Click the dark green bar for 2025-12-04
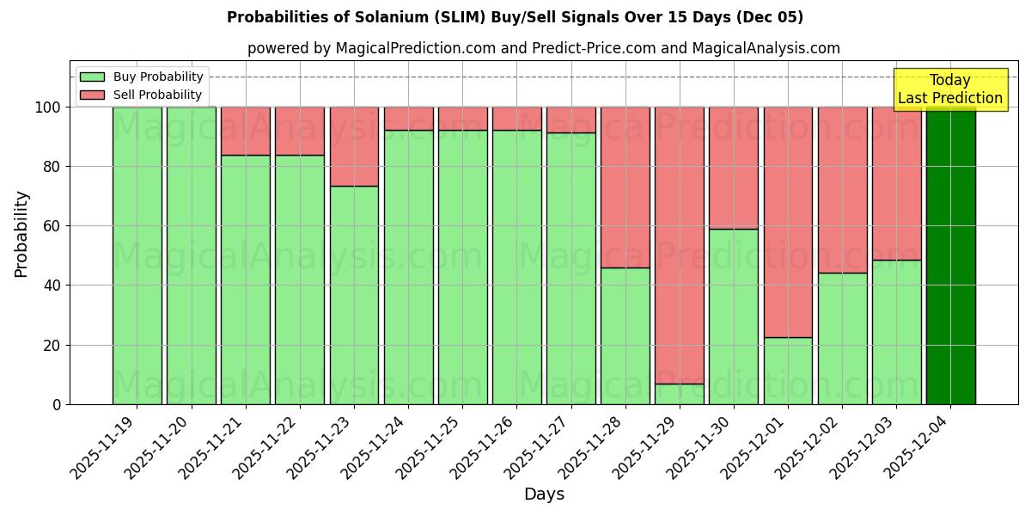point(950,255)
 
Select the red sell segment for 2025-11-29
point(679,245)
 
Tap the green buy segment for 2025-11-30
point(733,316)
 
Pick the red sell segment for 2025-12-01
point(788,222)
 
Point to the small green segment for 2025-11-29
point(679,394)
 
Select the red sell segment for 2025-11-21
point(246,131)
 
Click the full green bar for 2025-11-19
point(137,255)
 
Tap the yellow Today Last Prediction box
point(949,89)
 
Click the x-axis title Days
point(544,494)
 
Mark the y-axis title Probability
point(21,234)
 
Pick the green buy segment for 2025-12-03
point(896,331)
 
